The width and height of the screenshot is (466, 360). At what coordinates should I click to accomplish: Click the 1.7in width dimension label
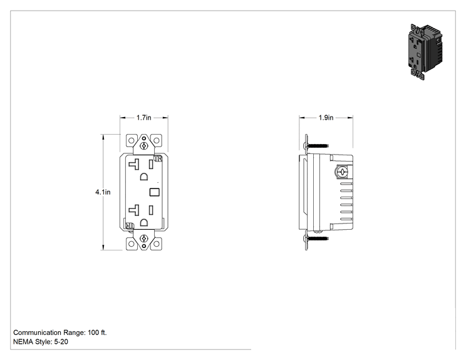click(x=144, y=118)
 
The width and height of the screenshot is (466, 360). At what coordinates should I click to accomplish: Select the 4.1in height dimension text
click(x=103, y=192)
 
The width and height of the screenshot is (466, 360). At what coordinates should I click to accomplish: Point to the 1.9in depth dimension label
click(x=326, y=118)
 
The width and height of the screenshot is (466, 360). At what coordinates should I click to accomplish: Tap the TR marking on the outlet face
click(x=158, y=158)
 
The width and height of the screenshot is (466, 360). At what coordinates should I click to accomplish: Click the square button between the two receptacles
click(x=155, y=192)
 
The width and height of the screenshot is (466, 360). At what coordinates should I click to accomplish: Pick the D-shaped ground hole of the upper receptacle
click(x=144, y=177)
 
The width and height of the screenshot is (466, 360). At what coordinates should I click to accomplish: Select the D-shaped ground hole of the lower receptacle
click(x=144, y=222)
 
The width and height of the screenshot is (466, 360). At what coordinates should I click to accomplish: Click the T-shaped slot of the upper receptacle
click(x=134, y=164)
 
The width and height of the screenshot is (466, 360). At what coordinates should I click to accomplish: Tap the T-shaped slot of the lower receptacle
click(x=134, y=210)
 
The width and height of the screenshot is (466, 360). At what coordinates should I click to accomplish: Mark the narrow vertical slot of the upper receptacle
click(x=151, y=164)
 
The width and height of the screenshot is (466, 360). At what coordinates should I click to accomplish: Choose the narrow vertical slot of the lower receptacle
click(x=151, y=210)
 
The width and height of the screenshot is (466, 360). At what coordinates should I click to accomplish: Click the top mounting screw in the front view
click(x=144, y=145)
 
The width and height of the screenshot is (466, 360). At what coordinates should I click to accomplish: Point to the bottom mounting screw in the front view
click(x=144, y=238)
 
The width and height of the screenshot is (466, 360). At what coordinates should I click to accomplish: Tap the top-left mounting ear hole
click(x=131, y=140)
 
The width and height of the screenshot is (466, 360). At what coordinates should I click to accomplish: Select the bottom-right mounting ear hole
click(x=157, y=244)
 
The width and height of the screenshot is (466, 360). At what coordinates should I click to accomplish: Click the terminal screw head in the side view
click(x=342, y=172)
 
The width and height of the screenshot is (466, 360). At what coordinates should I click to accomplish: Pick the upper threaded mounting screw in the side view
click(x=316, y=146)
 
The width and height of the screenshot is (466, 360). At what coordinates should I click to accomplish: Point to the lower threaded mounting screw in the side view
click(x=316, y=238)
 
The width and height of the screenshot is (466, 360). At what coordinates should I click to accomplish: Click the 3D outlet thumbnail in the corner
click(x=425, y=52)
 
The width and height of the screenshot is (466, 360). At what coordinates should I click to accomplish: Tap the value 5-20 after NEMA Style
click(x=61, y=342)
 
